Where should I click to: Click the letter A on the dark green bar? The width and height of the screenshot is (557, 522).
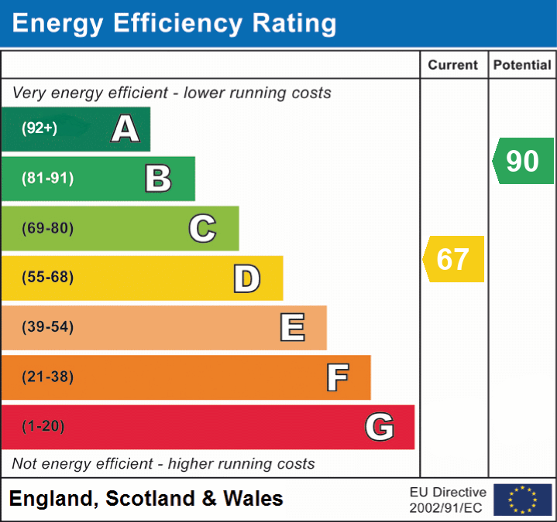tap(125, 129)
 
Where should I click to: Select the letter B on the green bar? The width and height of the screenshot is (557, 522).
tap(158, 179)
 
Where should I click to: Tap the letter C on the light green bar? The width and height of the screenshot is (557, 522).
tap(202, 228)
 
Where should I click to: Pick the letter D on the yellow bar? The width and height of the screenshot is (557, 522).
tap(246, 278)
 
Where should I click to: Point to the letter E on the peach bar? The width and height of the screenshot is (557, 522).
tap(291, 328)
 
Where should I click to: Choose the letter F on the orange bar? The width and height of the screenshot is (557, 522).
tap(336, 377)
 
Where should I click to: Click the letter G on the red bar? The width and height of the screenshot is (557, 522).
tap(380, 427)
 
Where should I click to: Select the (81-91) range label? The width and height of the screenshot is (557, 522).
tap(48, 179)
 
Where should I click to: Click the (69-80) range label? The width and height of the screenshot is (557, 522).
tap(48, 228)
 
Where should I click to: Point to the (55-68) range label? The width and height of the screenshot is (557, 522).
tap(48, 278)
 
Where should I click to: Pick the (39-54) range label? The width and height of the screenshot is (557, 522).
tap(48, 327)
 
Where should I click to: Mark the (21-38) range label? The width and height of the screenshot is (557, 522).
tap(48, 377)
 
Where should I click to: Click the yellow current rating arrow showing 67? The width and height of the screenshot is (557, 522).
tap(453, 259)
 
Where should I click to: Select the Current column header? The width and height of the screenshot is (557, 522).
tap(453, 66)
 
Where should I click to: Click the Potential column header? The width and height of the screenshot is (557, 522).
tap(522, 66)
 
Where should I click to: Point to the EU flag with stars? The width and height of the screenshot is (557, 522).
tap(522, 500)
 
